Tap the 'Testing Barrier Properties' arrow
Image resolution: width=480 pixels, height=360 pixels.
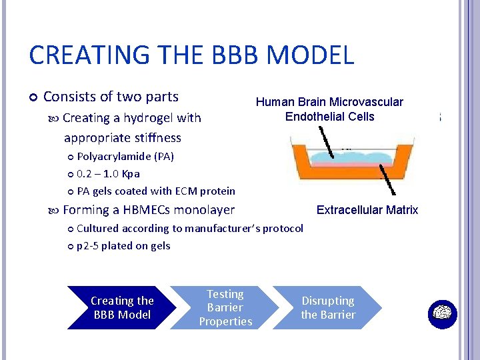pos(225,307)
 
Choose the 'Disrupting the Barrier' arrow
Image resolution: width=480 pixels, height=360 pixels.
pos(328,307)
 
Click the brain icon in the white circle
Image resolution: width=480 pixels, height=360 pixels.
pos(441,314)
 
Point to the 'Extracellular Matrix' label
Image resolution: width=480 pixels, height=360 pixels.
pos(367,210)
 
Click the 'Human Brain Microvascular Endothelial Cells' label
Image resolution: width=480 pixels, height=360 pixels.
pos(329,109)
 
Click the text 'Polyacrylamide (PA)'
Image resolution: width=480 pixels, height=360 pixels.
pos(125,157)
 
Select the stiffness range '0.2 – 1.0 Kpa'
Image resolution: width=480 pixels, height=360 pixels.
pos(108,173)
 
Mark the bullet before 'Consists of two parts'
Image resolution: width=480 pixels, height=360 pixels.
pos(34,97)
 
